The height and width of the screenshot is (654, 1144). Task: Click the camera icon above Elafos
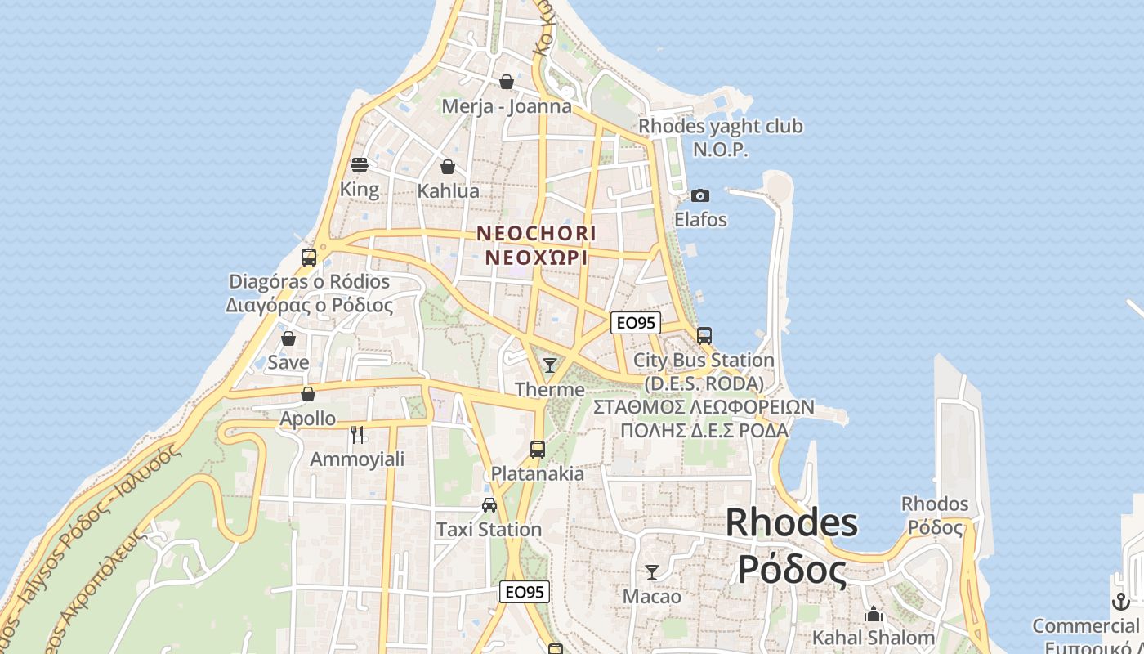coord(700,195)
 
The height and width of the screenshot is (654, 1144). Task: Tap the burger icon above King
coord(360,164)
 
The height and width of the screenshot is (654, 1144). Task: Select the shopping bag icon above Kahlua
coord(448,167)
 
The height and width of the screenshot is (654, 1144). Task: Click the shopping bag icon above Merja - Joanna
coord(507,82)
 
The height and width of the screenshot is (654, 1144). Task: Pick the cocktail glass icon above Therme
coord(550,365)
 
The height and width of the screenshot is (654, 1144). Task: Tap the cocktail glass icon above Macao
coord(652,571)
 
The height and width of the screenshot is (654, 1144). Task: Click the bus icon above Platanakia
coord(537,449)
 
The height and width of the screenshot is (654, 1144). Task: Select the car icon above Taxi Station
coord(489,505)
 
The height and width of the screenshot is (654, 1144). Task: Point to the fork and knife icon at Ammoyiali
coord(357,434)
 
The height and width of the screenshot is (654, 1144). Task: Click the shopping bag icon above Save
coord(288,338)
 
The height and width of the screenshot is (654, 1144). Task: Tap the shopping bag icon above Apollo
coord(308,394)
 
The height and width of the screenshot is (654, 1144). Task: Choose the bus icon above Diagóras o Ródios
coord(309,257)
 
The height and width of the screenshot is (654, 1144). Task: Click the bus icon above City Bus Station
coord(704,335)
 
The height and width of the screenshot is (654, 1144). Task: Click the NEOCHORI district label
coord(536,233)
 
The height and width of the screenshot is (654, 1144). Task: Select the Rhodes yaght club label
coord(720,127)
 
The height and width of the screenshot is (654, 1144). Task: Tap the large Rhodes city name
coord(791,522)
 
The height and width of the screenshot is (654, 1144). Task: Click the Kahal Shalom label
coord(873,638)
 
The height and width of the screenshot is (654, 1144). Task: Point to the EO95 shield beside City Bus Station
coord(635,323)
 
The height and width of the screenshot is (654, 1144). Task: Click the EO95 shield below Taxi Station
coord(525,592)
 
